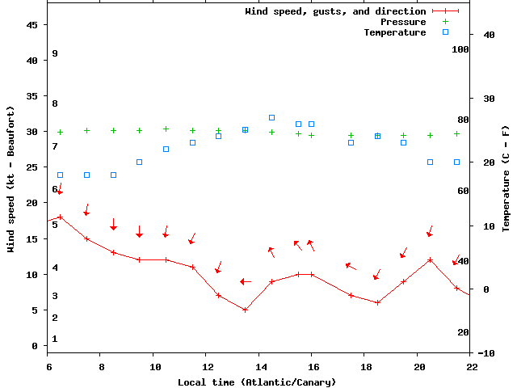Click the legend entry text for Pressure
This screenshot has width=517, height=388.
(x=403, y=22)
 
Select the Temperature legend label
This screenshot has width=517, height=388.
(x=394, y=32)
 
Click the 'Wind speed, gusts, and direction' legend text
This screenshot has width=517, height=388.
(x=335, y=11)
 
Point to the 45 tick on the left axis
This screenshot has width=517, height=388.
(x=32, y=25)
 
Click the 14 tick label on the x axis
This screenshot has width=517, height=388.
(x=261, y=367)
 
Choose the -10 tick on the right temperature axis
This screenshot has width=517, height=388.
(x=486, y=353)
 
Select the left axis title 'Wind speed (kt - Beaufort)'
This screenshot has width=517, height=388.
(x=11, y=178)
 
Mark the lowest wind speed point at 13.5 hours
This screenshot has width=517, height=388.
(x=245, y=310)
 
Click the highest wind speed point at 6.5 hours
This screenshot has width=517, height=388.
(x=60, y=217)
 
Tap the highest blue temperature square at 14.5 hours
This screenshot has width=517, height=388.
(x=271, y=117)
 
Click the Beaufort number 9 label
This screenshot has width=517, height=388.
(x=55, y=53)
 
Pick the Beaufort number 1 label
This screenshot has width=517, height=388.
(x=55, y=339)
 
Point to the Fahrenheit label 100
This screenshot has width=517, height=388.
(x=460, y=49)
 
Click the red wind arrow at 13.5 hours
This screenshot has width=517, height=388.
(x=246, y=281)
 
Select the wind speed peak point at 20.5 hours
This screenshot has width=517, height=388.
(x=430, y=259)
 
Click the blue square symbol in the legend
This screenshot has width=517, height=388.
(x=445, y=32)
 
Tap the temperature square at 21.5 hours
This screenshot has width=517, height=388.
(x=456, y=162)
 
